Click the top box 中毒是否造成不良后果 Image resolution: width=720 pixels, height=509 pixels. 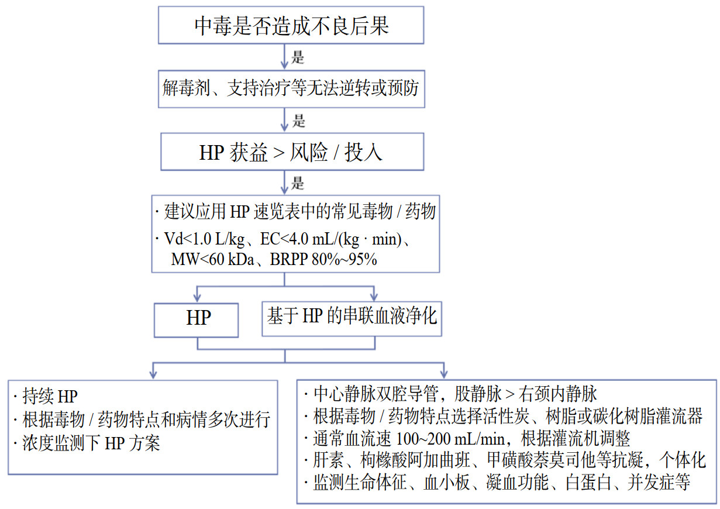291,26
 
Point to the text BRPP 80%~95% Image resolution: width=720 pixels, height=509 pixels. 323,260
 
